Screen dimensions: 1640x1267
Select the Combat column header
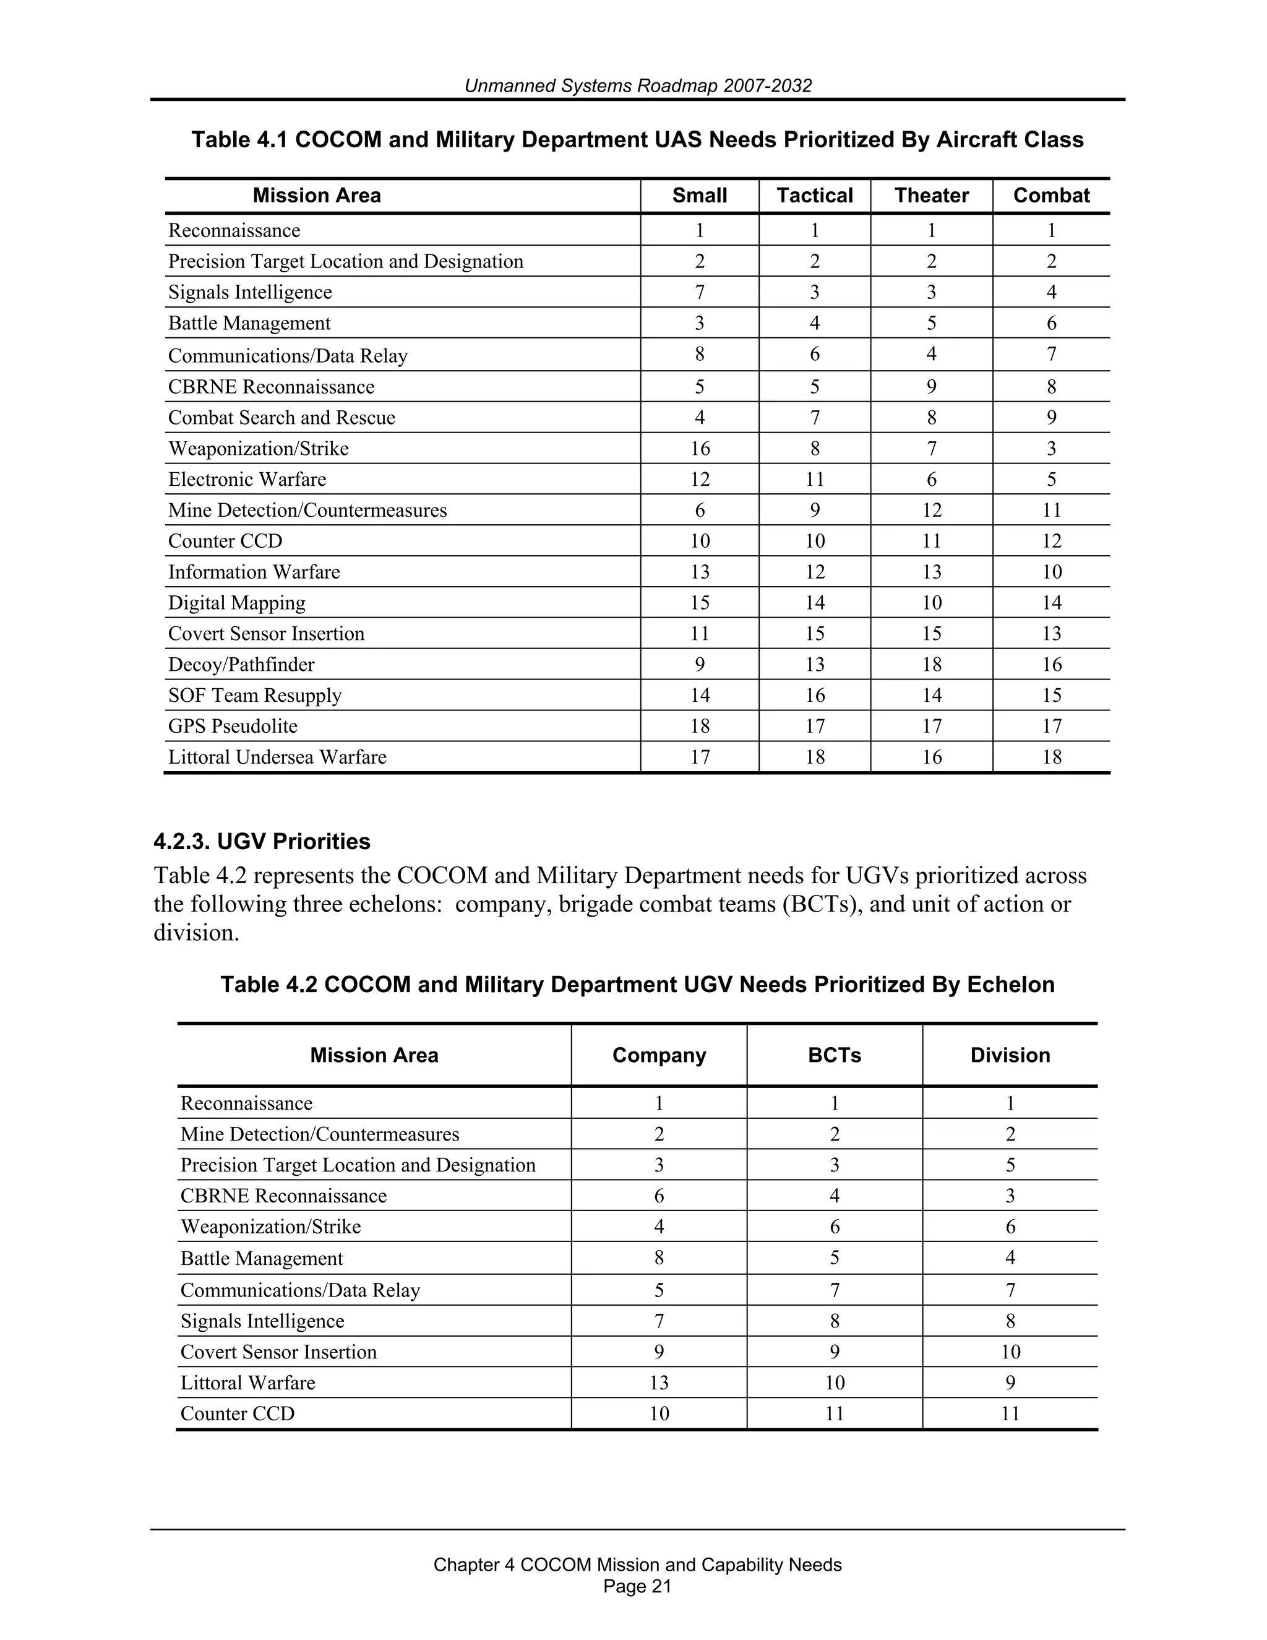1051,196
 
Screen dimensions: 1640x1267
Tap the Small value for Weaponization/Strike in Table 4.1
700,449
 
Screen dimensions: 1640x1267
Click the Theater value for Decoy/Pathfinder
932,665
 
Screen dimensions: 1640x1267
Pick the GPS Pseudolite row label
233,726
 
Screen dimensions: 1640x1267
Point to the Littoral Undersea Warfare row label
277,757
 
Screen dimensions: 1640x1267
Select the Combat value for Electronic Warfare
1051,480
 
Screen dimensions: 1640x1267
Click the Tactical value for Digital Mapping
814,603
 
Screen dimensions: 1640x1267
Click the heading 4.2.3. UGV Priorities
262,842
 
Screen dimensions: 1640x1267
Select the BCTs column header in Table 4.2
834,1055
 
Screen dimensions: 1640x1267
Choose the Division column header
1010,1055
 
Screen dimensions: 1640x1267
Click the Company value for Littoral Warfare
659,1383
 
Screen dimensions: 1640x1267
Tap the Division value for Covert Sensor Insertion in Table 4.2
1010,1352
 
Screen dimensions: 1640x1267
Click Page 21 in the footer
637,1586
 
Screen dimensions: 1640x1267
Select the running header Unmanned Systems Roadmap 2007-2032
637,85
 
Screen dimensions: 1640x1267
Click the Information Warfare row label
254,572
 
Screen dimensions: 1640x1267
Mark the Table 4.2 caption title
637,985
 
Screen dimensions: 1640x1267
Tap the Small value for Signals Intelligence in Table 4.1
700,292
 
